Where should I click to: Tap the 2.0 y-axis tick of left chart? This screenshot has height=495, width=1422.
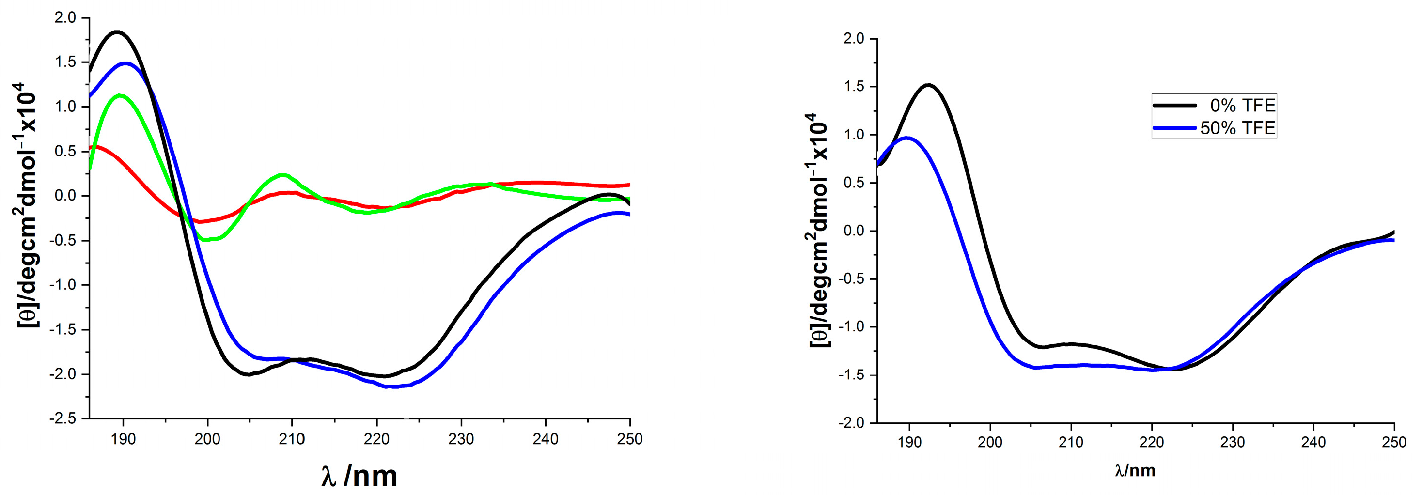tap(65, 17)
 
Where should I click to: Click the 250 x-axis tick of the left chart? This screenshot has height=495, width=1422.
tap(630, 439)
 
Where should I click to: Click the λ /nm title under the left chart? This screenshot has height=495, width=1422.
tap(359, 476)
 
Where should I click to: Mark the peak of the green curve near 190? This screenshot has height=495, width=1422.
tap(120, 95)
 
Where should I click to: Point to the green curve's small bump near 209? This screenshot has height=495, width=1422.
tap(282, 175)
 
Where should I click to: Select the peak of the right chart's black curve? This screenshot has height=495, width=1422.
tap(928, 85)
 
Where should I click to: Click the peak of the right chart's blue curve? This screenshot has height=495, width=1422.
tap(906, 138)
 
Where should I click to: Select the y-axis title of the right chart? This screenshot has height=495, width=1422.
tap(819, 230)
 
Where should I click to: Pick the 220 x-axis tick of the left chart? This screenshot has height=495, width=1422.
tap(376, 439)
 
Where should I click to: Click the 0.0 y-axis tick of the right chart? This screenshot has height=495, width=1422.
tap(853, 231)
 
